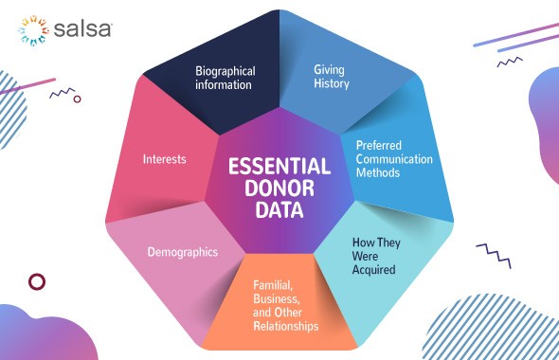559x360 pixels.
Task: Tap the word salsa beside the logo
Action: point(82,29)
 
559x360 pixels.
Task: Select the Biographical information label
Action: point(225,78)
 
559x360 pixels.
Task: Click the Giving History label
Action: point(332,76)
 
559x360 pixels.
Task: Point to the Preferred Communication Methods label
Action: point(393,159)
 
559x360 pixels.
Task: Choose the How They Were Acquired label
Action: point(372,255)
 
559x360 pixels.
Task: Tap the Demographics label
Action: point(183,252)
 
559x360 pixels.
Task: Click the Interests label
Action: point(164,159)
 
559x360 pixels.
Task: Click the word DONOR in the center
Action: point(279,189)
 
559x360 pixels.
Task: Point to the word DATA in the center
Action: point(279,210)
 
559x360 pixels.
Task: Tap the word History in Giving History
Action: point(332,83)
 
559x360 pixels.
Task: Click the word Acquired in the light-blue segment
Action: point(372,269)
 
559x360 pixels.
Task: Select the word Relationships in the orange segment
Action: point(285,326)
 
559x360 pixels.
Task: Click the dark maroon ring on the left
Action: point(38,281)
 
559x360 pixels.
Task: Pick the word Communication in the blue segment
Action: point(394,159)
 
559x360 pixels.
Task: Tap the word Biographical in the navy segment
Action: point(225,70)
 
